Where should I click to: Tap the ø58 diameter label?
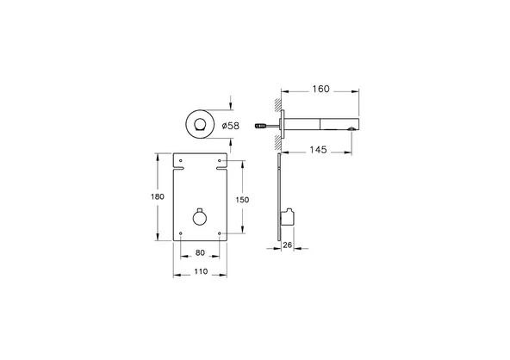point(230,127)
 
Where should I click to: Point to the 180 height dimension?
point(157,197)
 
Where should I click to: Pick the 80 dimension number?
point(201,254)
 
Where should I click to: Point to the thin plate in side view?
point(279,198)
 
